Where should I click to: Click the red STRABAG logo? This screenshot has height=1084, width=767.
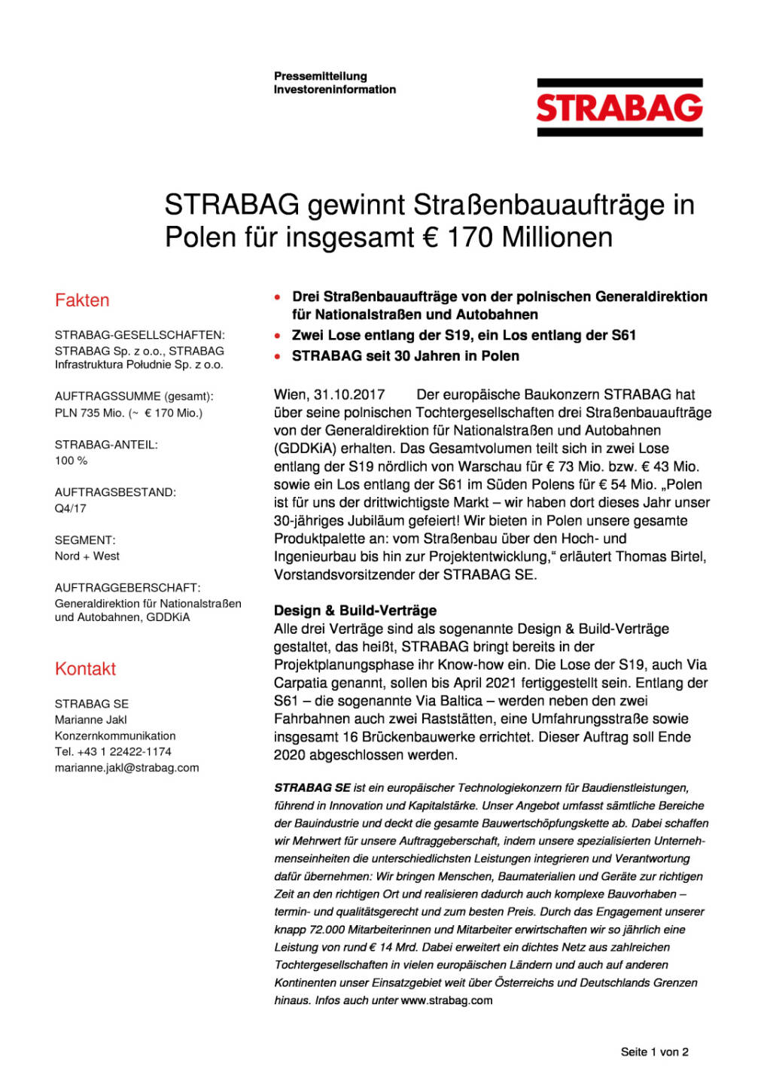click(x=619, y=108)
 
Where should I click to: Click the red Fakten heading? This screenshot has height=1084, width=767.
click(x=82, y=300)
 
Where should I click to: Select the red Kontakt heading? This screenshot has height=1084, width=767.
click(x=85, y=669)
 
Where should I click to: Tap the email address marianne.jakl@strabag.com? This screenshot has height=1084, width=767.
click(x=126, y=768)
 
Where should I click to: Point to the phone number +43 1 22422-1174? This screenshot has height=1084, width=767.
click(x=124, y=751)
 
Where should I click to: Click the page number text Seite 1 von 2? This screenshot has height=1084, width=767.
click(x=654, y=1052)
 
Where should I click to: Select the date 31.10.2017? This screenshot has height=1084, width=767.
click(x=349, y=394)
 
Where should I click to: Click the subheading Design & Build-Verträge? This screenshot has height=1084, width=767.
click(x=355, y=611)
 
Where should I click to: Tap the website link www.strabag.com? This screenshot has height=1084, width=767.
click(x=446, y=1000)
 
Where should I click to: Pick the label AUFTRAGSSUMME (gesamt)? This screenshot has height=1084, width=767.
click(x=134, y=396)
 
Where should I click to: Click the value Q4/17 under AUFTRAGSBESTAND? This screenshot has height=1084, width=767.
click(x=71, y=508)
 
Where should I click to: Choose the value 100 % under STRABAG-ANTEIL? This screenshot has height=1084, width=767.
click(x=71, y=460)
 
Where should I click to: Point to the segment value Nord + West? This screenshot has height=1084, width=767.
click(x=87, y=556)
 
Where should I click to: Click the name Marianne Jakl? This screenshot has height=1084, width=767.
click(x=90, y=720)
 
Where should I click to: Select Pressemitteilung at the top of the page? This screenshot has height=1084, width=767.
click(x=321, y=76)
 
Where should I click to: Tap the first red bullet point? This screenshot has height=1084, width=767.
click(x=278, y=297)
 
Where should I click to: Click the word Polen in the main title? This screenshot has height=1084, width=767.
click(x=199, y=238)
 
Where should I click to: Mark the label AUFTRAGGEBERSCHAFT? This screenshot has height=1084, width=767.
click(x=127, y=587)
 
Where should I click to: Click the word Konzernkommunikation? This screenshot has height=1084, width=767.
click(x=115, y=735)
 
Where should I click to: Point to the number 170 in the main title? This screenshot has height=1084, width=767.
click(x=470, y=238)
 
